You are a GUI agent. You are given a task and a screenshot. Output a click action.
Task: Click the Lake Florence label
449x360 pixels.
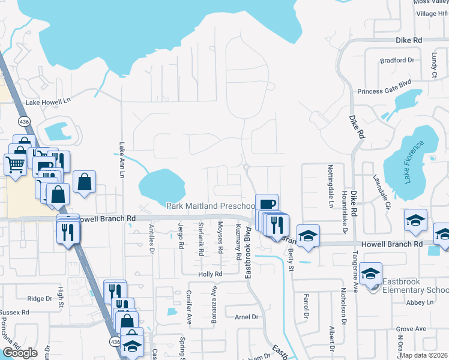414,161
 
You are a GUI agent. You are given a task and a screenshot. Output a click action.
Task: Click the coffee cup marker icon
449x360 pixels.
267,204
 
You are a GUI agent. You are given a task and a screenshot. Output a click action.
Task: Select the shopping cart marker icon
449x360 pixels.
15,163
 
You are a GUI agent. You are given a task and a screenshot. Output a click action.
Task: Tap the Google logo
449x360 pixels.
20,353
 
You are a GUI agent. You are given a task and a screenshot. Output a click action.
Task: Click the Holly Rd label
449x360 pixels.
210,274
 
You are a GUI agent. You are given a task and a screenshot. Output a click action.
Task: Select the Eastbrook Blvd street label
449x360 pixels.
247,246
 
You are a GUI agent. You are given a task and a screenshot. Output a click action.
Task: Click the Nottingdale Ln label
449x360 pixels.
330,185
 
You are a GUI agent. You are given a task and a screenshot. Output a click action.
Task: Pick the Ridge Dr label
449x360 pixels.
40,298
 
